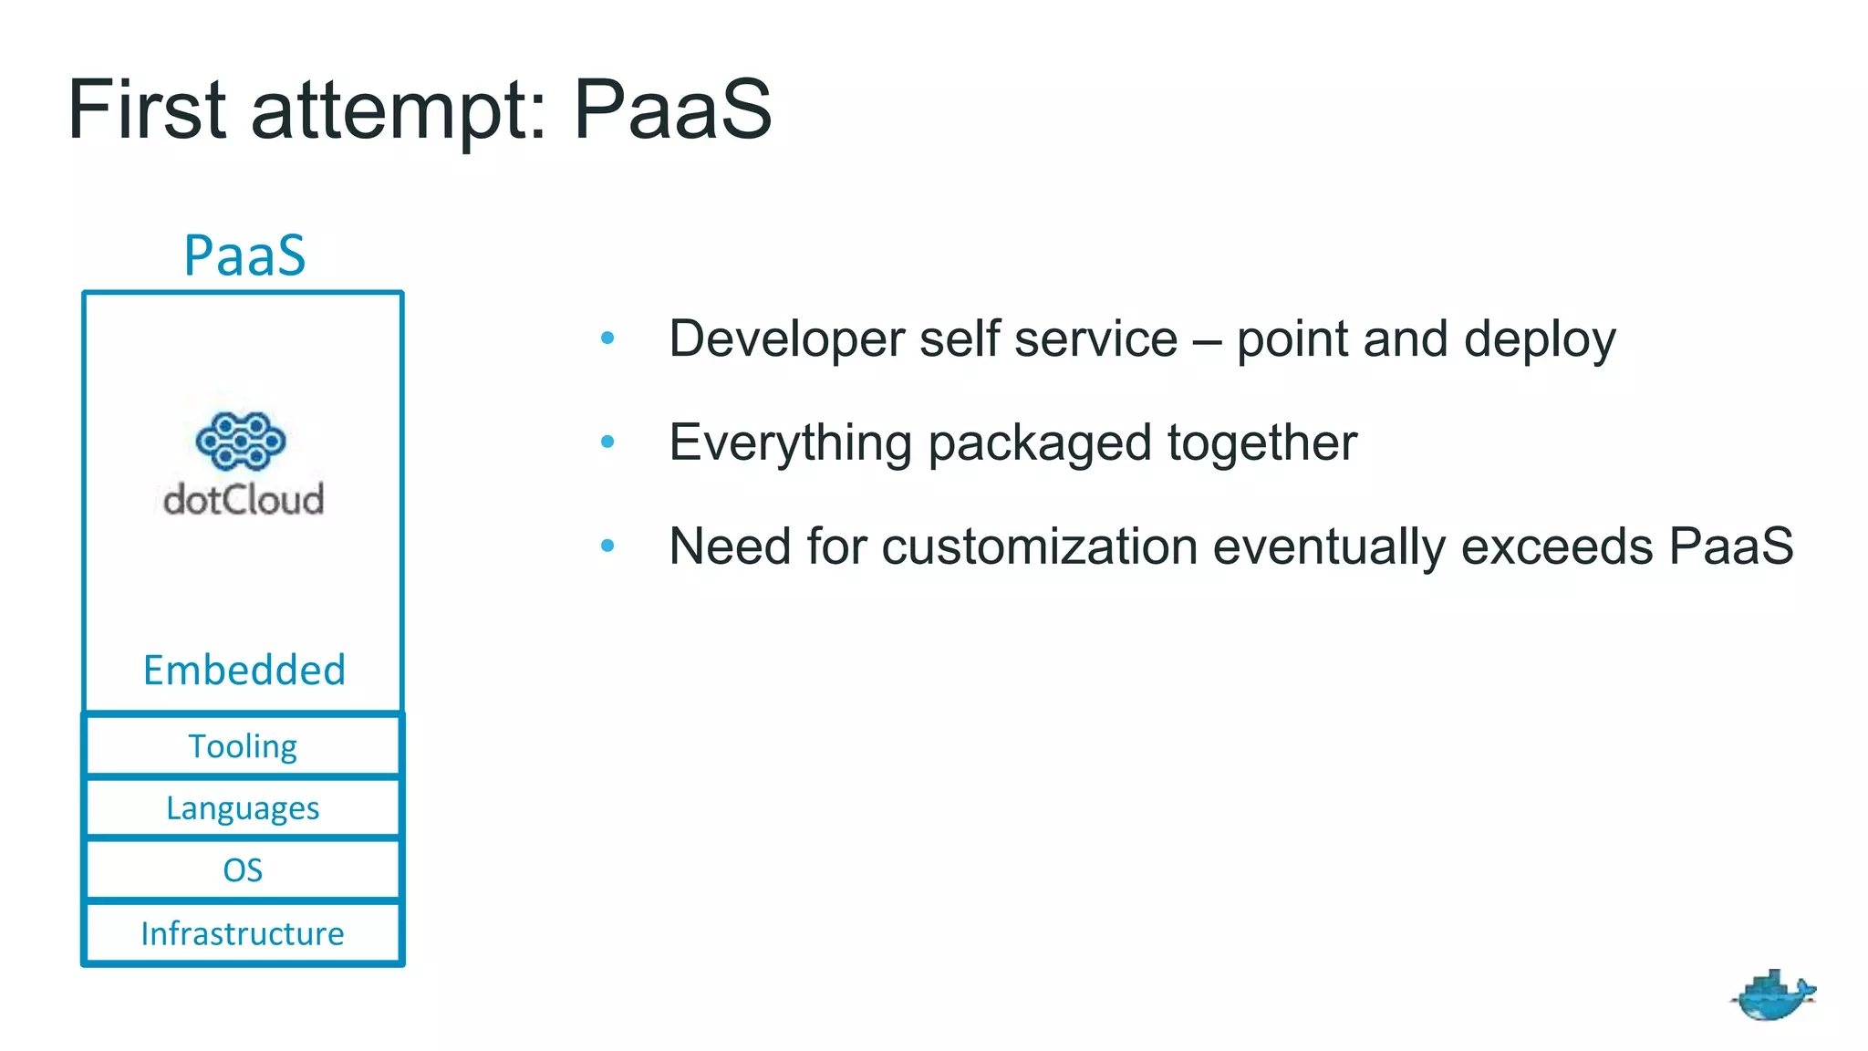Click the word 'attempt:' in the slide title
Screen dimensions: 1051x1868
click(399, 110)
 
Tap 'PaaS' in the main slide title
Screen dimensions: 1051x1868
click(672, 110)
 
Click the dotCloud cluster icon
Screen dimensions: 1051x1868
click(241, 441)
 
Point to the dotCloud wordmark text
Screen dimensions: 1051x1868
click(244, 499)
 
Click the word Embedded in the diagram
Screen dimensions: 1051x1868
click(244, 670)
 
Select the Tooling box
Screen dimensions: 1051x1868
click(243, 746)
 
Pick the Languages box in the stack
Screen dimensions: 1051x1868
click(243, 808)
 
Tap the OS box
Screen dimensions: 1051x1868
click(243, 870)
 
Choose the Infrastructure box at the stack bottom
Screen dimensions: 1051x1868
click(243, 933)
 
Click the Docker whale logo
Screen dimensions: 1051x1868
click(1772, 995)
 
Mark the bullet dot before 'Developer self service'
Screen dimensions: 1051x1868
click(607, 338)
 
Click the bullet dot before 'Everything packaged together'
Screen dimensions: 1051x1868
click(607, 442)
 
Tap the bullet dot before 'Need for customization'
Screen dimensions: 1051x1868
click(607, 546)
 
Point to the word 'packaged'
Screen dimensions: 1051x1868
click(1039, 443)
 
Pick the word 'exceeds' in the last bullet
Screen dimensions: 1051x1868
click(1556, 546)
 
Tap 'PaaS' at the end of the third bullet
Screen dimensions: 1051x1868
click(1730, 546)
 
